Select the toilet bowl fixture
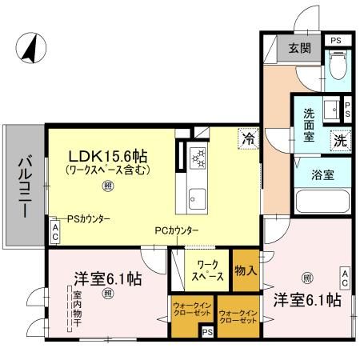(338, 66)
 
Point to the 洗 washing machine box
(340, 138)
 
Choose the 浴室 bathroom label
(322, 171)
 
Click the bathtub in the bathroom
(322, 201)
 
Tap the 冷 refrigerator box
(249, 138)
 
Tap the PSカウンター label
(87, 218)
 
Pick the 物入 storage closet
(245, 270)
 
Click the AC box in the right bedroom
(344, 278)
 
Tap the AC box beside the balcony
(54, 233)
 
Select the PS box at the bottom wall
(206, 332)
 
